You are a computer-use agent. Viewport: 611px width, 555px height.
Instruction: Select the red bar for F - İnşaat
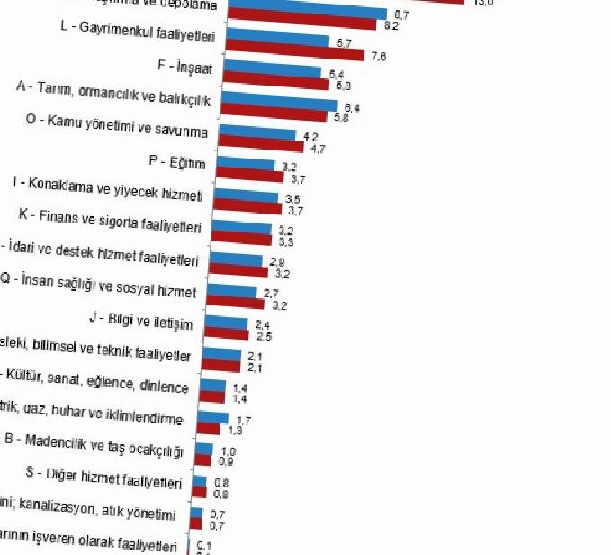coord(275,84)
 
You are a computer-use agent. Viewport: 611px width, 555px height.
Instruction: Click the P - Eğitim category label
coord(177,163)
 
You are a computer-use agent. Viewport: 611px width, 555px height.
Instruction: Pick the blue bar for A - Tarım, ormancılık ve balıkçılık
coord(278,105)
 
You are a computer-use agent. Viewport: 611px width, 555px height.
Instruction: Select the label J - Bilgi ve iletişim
coord(142,319)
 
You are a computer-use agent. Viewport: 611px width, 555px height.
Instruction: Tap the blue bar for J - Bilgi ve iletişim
coord(226,323)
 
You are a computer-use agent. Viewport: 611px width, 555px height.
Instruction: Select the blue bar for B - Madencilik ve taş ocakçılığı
coord(204,449)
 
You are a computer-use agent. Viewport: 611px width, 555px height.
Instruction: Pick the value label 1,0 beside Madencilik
coord(228,451)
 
